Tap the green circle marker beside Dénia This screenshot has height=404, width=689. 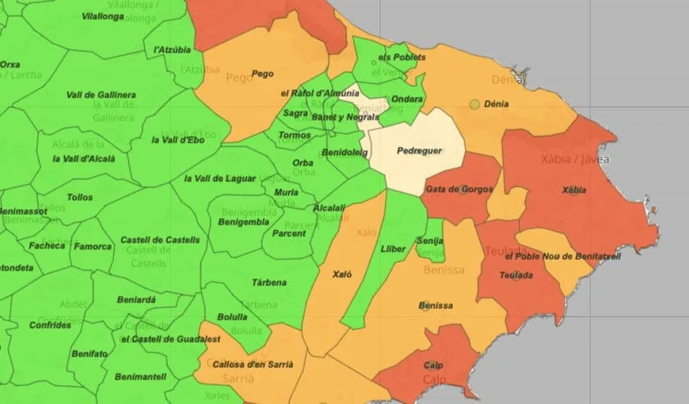click(474, 104)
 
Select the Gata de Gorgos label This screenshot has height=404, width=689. click(459, 189)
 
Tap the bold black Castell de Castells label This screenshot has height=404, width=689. click(160, 240)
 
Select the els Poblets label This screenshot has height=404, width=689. click(402, 58)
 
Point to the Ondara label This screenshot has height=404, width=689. click(407, 99)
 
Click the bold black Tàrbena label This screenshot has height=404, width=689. click(269, 283)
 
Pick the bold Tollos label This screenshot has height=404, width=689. click(80, 197)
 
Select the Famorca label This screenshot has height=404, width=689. click(93, 246)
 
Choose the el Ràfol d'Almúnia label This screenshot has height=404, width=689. click(319, 93)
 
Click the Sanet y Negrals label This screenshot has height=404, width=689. click(345, 117)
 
